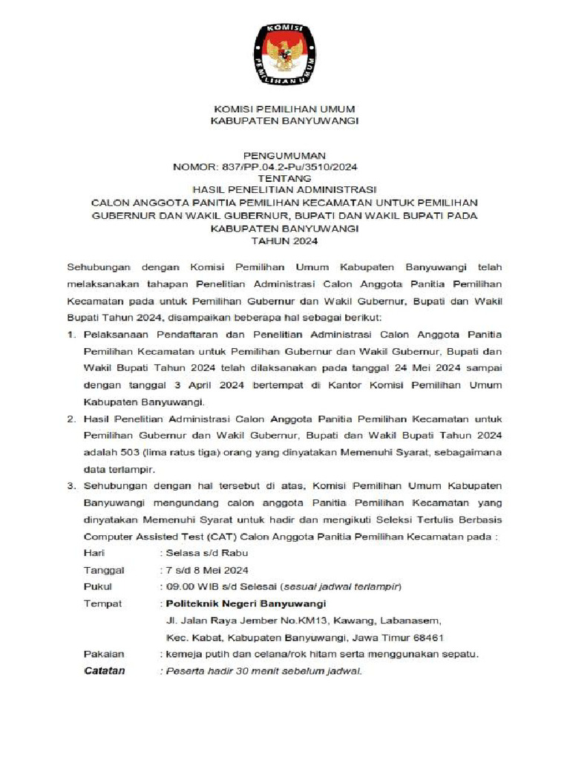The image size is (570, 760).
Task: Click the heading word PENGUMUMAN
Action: tap(284, 156)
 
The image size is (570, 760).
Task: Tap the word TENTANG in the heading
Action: tap(284, 179)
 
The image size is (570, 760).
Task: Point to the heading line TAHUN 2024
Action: tap(284, 241)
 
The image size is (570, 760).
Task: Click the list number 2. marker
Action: tap(72, 419)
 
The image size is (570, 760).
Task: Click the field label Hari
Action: tap(94, 553)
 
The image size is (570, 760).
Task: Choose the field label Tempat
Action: tap(102, 603)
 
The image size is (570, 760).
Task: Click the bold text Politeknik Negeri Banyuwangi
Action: tap(246, 603)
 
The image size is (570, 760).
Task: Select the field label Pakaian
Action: tap(104, 654)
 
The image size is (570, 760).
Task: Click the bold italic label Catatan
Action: tap(105, 671)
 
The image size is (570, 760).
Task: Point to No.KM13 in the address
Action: tap(286, 620)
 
